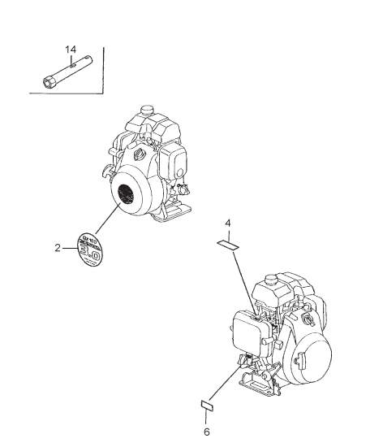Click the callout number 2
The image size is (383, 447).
coord(58,247)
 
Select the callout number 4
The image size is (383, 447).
coord(228,222)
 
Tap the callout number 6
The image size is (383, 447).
coord(206,431)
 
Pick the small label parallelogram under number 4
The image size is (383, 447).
coord(227,243)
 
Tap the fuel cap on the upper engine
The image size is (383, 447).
coord(148,110)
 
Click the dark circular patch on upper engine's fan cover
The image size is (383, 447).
coord(126,195)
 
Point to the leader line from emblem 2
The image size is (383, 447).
coord(104,223)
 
